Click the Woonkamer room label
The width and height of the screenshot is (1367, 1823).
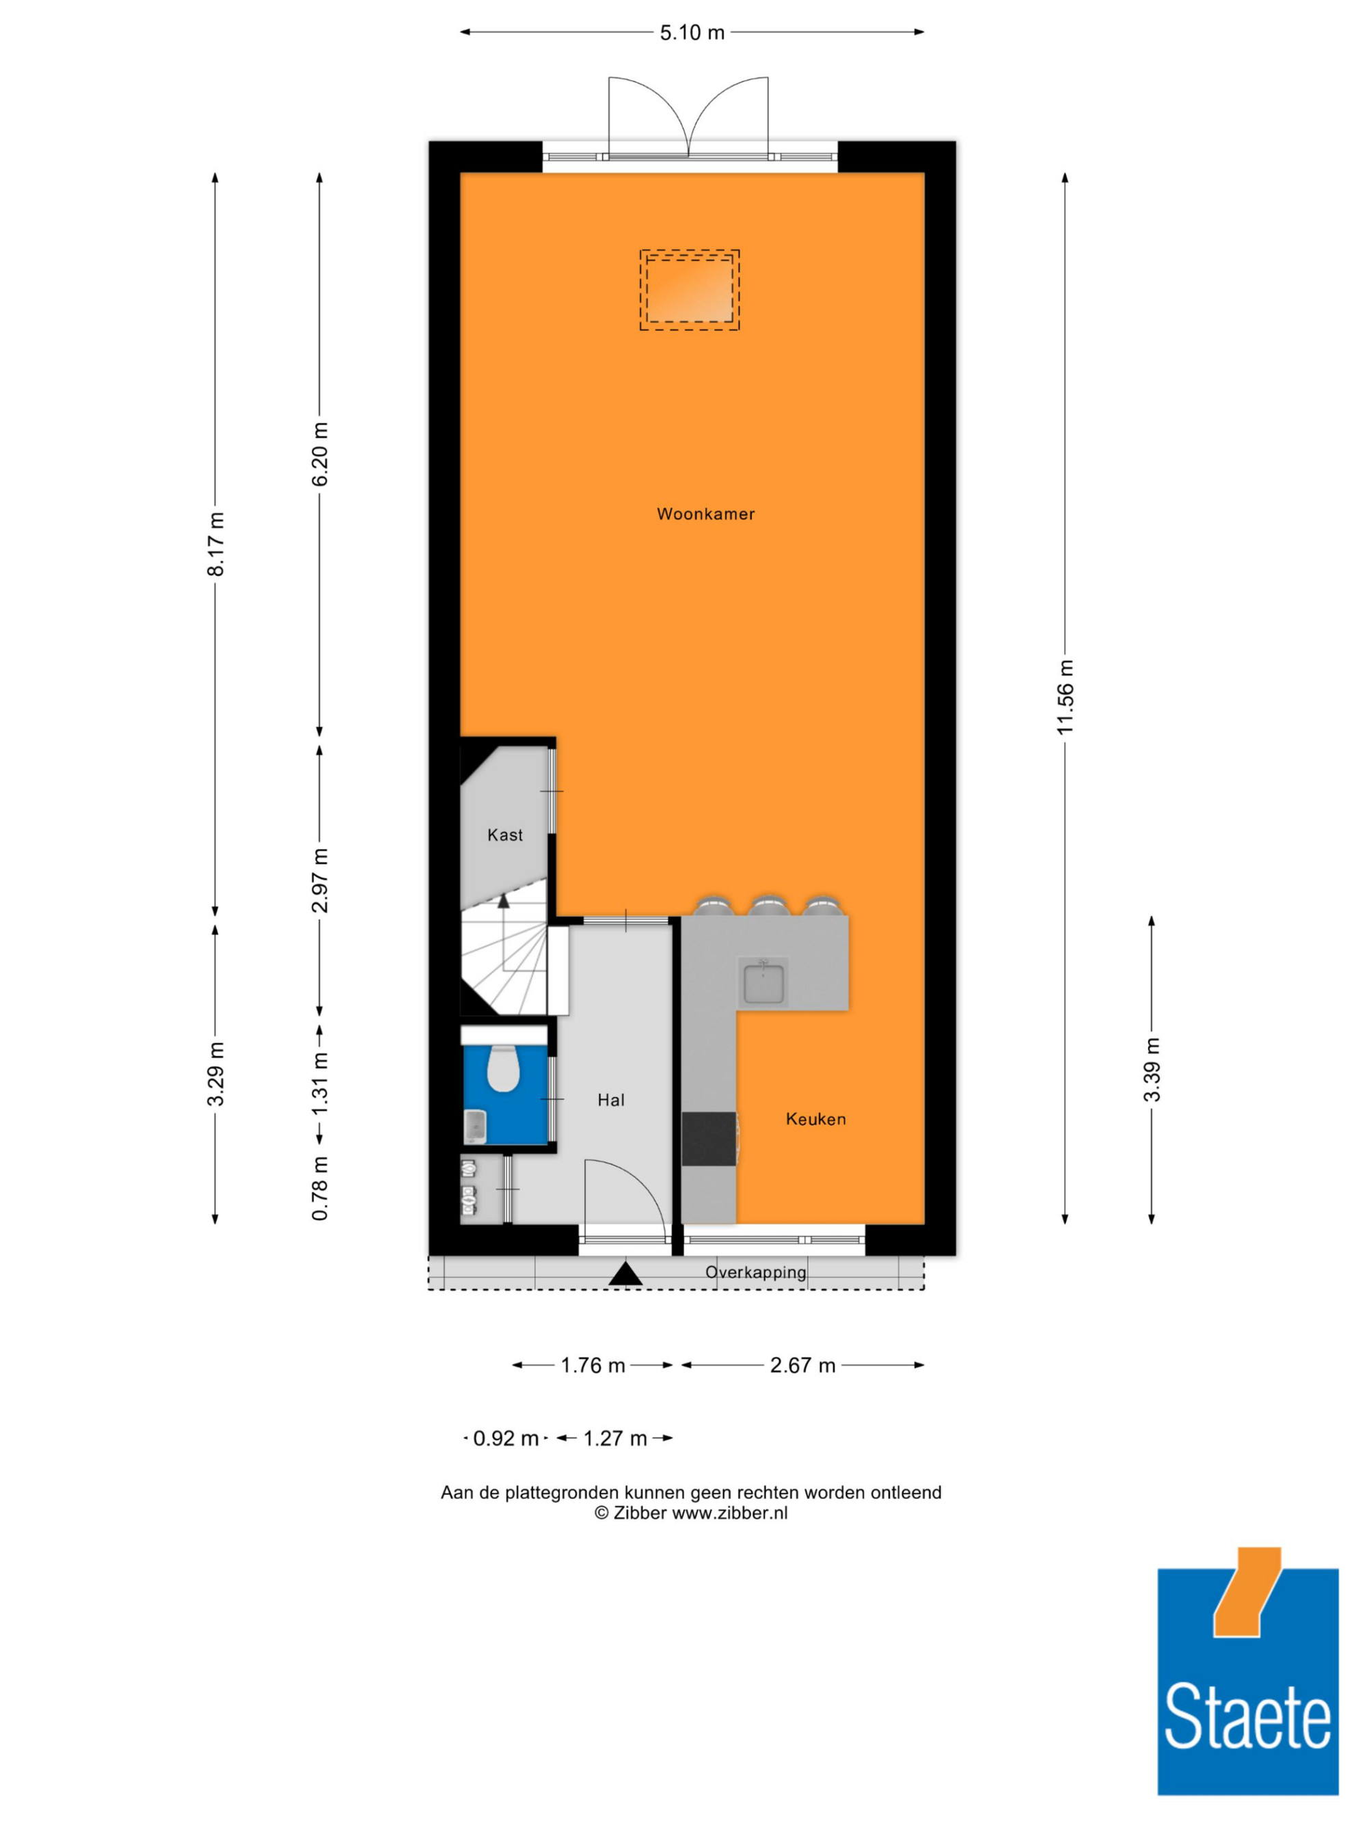pos(705,514)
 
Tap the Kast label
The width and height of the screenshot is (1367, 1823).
pos(505,835)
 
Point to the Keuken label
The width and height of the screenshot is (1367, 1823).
pos(815,1118)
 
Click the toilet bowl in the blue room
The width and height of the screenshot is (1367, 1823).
pos(502,1068)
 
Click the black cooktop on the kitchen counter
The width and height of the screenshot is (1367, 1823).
pos(709,1139)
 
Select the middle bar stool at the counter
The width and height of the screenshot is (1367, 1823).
pos(769,905)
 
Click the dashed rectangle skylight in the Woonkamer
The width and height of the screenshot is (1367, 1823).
pos(690,290)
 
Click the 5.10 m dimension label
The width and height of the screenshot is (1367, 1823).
pos(692,33)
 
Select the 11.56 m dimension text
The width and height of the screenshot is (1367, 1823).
pos(1066,697)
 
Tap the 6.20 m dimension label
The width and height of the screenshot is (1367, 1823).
pos(321,454)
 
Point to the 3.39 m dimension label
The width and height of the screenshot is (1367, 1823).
pos(1152,1069)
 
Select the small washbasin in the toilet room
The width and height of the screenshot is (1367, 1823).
pos(476,1126)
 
